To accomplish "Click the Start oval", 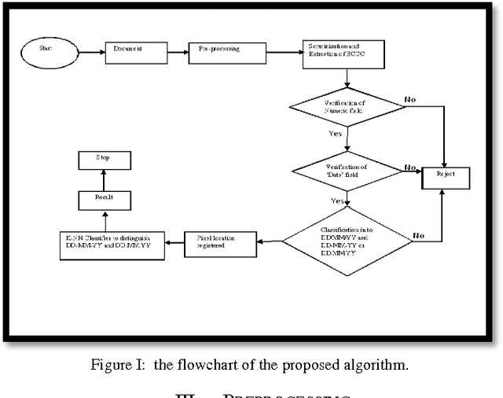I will point(47,53).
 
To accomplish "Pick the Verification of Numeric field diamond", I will point(346,107).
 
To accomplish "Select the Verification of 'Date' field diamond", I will point(346,171).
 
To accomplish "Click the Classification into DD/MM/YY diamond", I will point(346,240).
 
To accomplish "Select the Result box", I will point(104,201).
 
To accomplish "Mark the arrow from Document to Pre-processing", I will point(178,53).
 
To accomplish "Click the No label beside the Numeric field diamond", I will point(411,100).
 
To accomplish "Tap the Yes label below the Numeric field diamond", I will point(336,134).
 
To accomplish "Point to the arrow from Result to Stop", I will point(104,181).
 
